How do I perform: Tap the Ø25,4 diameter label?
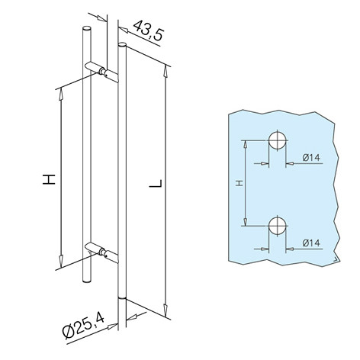(83, 326)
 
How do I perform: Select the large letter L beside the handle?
(156, 184)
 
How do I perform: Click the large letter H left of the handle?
(49, 179)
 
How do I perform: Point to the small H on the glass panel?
(239, 183)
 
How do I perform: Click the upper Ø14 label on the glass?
(311, 158)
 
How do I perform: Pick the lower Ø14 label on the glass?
(311, 243)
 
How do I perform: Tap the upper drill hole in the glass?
(278, 140)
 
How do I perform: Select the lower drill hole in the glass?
(278, 226)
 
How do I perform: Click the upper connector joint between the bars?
(103, 71)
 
